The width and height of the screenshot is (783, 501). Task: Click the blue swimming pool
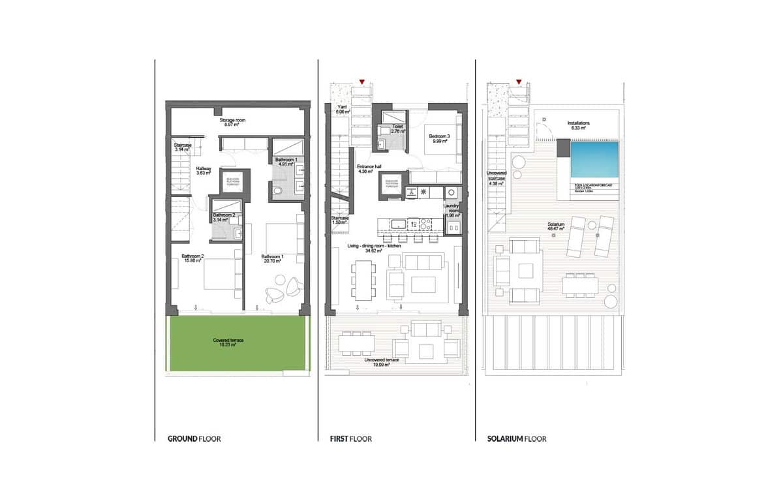point(594,160)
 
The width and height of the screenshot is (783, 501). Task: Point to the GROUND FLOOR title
point(194,439)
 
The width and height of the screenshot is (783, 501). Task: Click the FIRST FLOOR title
point(350,439)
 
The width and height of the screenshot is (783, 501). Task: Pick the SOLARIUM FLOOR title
point(517,439)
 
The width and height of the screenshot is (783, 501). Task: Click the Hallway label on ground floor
point(204,170)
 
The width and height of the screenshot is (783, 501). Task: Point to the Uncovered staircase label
point(497,178)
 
